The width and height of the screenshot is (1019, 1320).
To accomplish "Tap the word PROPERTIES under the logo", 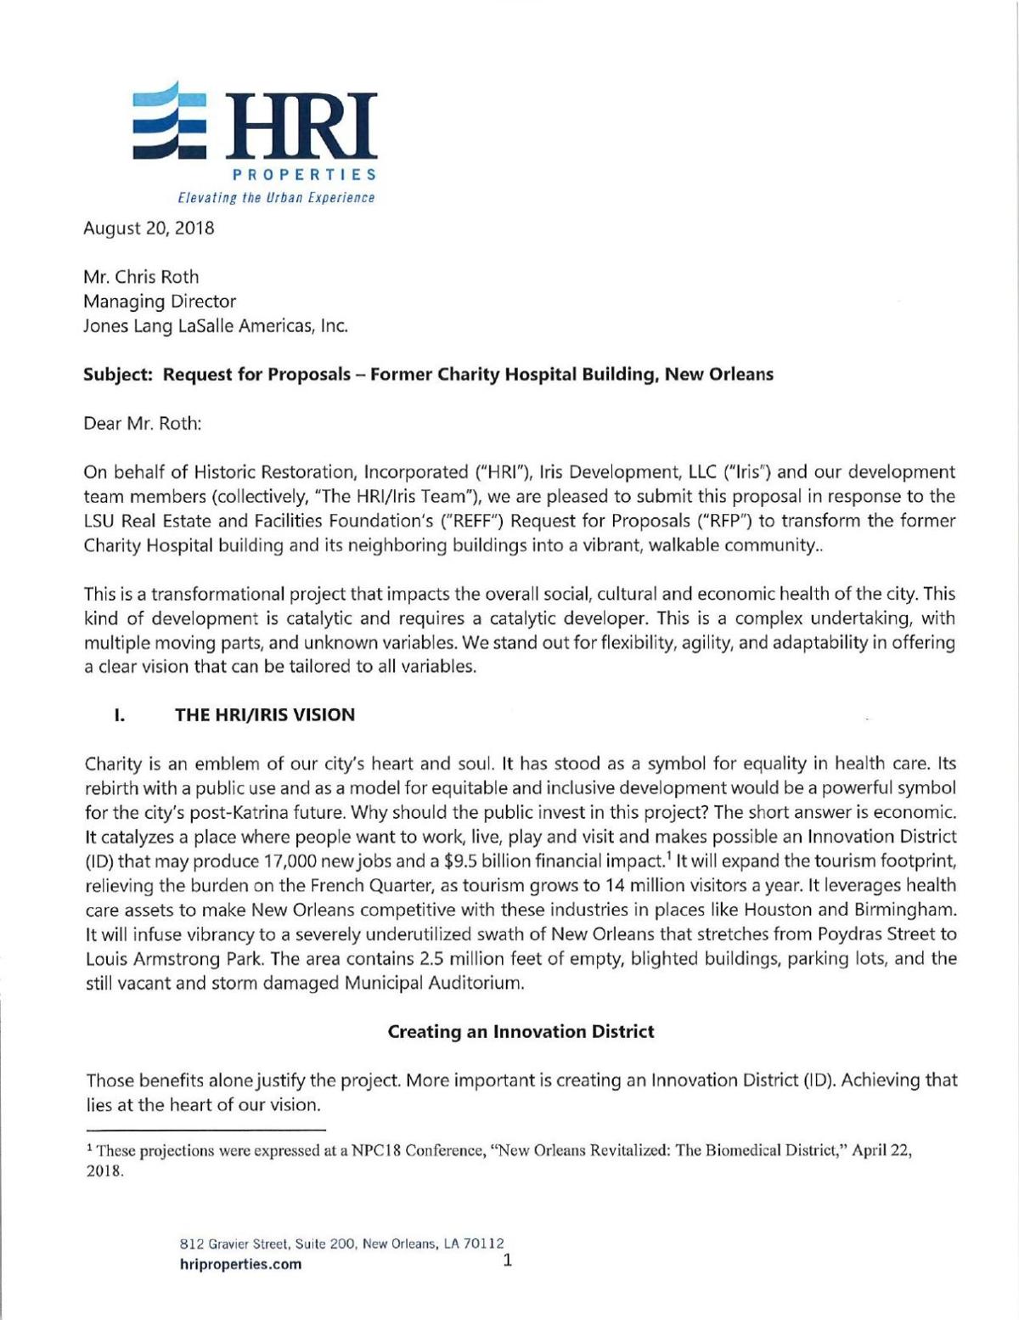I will point(305,175).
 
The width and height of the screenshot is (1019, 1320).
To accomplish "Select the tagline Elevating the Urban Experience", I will point(275,198).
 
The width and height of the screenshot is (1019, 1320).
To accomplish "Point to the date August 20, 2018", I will point(148,228).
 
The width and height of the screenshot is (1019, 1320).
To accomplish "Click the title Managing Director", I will point(159,302).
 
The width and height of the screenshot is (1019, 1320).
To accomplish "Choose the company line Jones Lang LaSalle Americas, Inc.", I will point(216,325).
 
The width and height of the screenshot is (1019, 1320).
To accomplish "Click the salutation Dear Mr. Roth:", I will point(142,423).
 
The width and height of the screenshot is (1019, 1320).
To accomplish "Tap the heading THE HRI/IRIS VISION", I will point(265,715).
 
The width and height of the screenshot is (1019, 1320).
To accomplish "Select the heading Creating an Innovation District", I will point(521,1032).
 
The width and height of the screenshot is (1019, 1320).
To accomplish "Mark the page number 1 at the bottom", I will point(507,1261).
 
